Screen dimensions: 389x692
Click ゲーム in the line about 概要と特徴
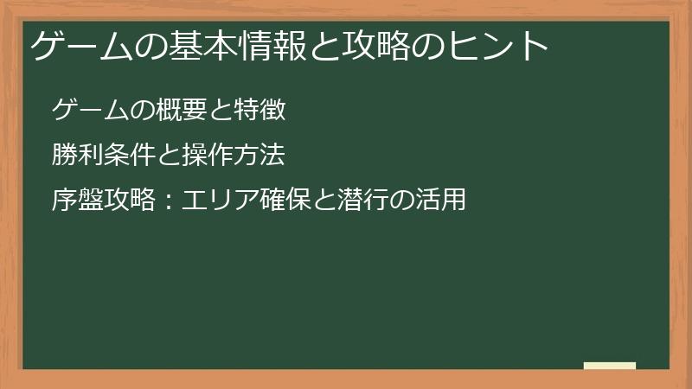coord(88,110)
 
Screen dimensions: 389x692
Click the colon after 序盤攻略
coord(169,201)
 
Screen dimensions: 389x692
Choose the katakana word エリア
coord(219,201)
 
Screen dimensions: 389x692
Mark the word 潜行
coord(363,201)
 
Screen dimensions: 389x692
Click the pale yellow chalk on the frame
coord(610,366)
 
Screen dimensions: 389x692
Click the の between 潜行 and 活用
coord(402,201)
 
